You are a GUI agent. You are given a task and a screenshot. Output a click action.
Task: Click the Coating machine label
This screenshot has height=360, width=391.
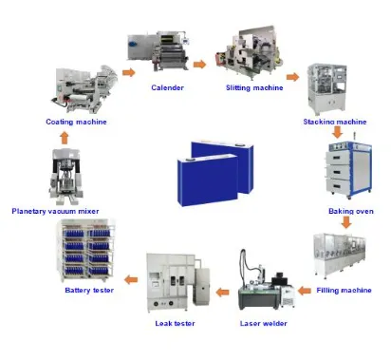click(77, 122)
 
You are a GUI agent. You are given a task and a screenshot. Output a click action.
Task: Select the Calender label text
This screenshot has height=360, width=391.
click(167, 87)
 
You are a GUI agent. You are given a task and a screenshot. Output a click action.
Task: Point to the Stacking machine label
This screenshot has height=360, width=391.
click(334, 122)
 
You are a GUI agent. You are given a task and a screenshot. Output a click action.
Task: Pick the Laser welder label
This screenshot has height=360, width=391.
click(262, 323)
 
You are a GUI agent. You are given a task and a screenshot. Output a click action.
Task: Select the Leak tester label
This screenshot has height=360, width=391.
click(175, 323)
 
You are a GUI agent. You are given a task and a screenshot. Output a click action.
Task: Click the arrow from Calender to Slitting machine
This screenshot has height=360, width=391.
click(199, 65)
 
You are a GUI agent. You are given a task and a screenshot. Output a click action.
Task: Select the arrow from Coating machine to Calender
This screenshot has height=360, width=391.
click(129, 71)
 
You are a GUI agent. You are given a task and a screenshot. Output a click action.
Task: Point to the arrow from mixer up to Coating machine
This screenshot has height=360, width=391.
click(64, 137)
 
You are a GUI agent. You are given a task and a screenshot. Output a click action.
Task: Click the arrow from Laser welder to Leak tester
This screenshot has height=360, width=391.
click(221, 290)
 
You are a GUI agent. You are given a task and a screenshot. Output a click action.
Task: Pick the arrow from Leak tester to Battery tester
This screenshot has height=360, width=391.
click(131, 279)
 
